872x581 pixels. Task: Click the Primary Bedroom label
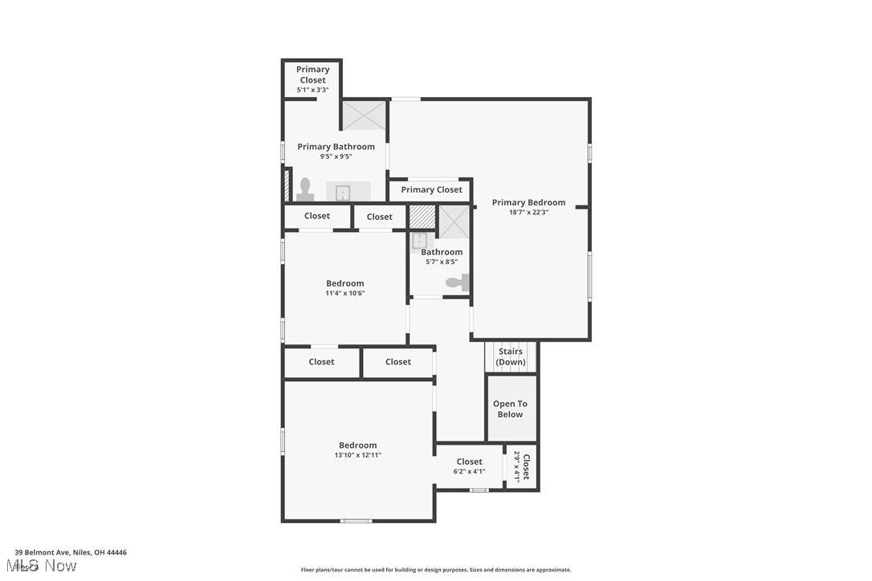pos(528,203)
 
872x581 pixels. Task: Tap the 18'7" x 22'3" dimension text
pos(528,213)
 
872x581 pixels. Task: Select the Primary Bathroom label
pos(336,147)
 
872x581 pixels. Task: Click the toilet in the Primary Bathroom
pos(305,189)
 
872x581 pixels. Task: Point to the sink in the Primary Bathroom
pos(342,192)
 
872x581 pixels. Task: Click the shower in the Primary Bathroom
pos(365,115)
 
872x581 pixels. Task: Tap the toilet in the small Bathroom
pos(457,282)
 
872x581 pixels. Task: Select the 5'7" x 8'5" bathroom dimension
pos(442,262)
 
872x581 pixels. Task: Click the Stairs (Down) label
pos(511,356)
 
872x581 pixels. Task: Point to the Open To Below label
pos(510,409)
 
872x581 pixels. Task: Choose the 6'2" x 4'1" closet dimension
pos(469,471)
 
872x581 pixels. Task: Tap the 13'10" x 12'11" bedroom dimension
pos(357,455)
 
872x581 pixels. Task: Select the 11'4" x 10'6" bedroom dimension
pos(344,293)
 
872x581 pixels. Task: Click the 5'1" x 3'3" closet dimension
pos(312,90)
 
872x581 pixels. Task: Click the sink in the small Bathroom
pos(420,240)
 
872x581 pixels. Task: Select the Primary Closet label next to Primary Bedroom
pos(431,189)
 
